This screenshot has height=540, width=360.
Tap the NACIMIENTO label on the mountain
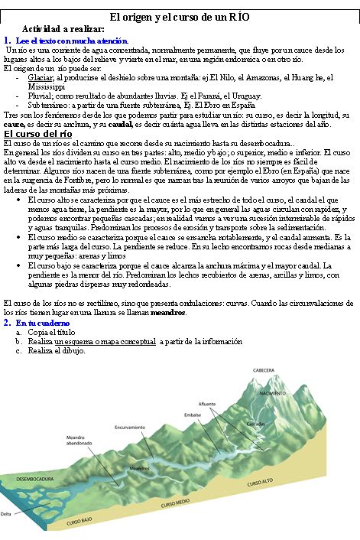[x=273, y=393]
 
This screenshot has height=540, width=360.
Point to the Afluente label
[x=206, y=403]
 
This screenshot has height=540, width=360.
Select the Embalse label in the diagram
[x=192, y=415]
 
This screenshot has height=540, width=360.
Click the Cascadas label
[x=256, y=423]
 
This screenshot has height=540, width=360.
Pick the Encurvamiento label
[x=130, y=427]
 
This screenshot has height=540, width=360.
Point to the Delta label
[x=6, y=514]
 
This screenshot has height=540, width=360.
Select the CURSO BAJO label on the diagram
[x=80, y=522]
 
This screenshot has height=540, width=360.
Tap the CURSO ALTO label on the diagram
[x=260, y=483]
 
